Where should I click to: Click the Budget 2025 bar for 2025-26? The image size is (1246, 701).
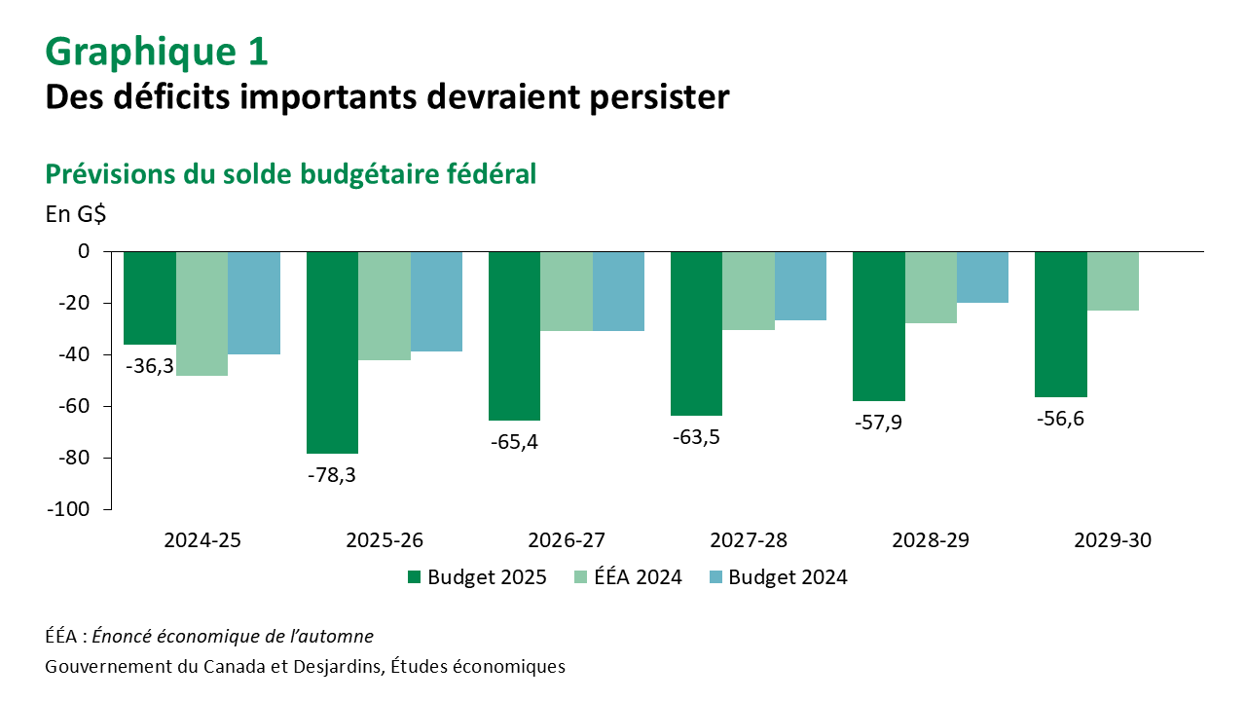332,352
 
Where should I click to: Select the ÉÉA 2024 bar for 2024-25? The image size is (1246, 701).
202,314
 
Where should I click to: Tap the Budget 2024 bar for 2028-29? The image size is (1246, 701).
982,277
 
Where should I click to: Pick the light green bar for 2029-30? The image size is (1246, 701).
1113,281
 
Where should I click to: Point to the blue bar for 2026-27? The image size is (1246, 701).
618,291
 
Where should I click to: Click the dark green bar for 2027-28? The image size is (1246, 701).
696,333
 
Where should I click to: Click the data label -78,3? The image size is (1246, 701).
332,475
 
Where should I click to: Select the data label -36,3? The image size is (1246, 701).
149,366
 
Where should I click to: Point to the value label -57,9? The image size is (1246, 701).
878,423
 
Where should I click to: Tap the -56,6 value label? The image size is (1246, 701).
1060,419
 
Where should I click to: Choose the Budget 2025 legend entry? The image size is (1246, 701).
476,577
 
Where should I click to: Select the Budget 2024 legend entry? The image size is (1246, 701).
778,577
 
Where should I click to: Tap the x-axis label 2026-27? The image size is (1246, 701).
567,540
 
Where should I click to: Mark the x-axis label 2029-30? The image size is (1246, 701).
1113,540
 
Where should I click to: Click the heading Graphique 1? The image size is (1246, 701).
157,52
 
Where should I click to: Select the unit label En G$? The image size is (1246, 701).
76,215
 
